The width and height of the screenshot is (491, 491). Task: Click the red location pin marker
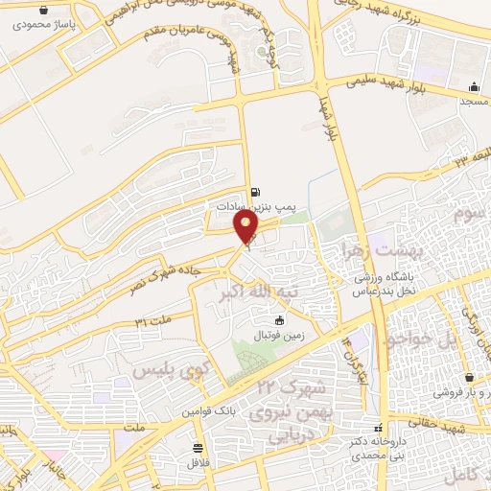[247, 226]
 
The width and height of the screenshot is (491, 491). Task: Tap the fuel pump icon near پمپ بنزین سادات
[255, 192]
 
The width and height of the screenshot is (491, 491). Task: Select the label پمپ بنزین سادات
[251, 206]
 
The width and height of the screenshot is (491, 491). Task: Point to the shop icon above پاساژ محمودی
[43, 9]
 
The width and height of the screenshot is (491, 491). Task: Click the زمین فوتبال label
[279, 336]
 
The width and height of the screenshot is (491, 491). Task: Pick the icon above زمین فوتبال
[279, 320]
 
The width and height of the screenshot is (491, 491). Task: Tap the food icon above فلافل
[198, 448]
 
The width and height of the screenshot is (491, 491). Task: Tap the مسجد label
[474, 101]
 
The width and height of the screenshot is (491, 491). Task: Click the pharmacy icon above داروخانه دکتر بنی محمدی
[382, 428]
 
